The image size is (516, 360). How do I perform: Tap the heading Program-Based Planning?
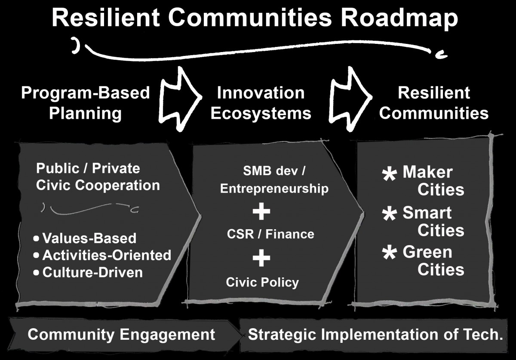tap(86, 103)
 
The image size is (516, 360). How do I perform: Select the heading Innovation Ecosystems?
tap(261, 103)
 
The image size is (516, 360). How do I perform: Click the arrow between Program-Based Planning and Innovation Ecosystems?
tap(180, 99)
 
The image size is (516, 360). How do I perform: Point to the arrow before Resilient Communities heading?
tap(350, 99)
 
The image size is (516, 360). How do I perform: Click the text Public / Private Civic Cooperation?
tap(98, 177)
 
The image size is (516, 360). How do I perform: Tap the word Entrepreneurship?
tap(274, 189)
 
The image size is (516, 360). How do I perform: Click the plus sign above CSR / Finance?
tap(261, 212)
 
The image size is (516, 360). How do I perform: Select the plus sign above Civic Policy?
tap(261, 258)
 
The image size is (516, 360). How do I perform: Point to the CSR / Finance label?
tap(270, 234)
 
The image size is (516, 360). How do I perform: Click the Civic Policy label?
tap(262, 282)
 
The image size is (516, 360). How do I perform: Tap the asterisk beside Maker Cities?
tap(389, 175)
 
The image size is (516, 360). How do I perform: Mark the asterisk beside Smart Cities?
tap(389, 214)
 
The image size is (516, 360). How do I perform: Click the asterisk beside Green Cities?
tap(389, 253)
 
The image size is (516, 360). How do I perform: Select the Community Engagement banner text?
tap(121, 335)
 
